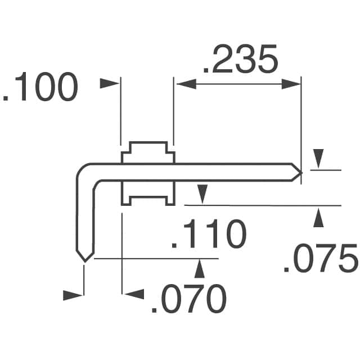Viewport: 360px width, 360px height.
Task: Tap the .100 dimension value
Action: (40, 88)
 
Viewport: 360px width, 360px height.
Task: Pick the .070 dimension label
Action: (188, 299)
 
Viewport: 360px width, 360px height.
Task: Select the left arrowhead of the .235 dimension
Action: (186, 84)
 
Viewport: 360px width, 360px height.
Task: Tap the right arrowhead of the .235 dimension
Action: (290, 84)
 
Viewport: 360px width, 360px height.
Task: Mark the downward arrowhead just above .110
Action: (201, 195)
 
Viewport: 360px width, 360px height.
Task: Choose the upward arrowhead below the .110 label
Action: (199, 269)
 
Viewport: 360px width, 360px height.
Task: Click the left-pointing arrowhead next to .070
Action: (133, 294)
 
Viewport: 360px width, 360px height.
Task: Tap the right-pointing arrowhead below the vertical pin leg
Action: (73, 294)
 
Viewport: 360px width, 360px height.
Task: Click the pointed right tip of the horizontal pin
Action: (300, 172)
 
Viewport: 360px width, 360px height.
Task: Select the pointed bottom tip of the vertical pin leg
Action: (84, 259)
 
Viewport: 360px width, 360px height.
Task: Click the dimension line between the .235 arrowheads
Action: (238, 84)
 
